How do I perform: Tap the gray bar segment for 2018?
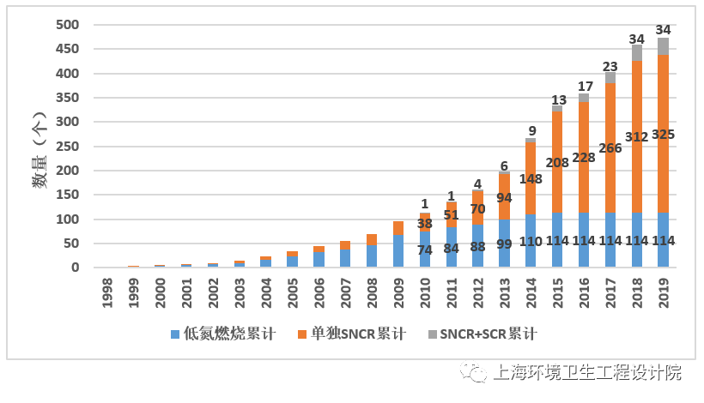click(x=637, y=53)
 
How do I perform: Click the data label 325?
click(x=663, y=135)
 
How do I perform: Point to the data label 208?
click(x=557, y=162)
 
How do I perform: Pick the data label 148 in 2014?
click(x=531, y=178)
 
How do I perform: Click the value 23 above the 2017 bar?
click(x=610, y=66)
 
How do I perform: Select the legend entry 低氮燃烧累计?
click(x=222, y=334)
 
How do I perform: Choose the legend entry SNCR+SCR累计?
click(x=482, y=334)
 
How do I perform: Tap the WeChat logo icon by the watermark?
click(x=472, y=371)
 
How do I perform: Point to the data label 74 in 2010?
click(x=425, y=250)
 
